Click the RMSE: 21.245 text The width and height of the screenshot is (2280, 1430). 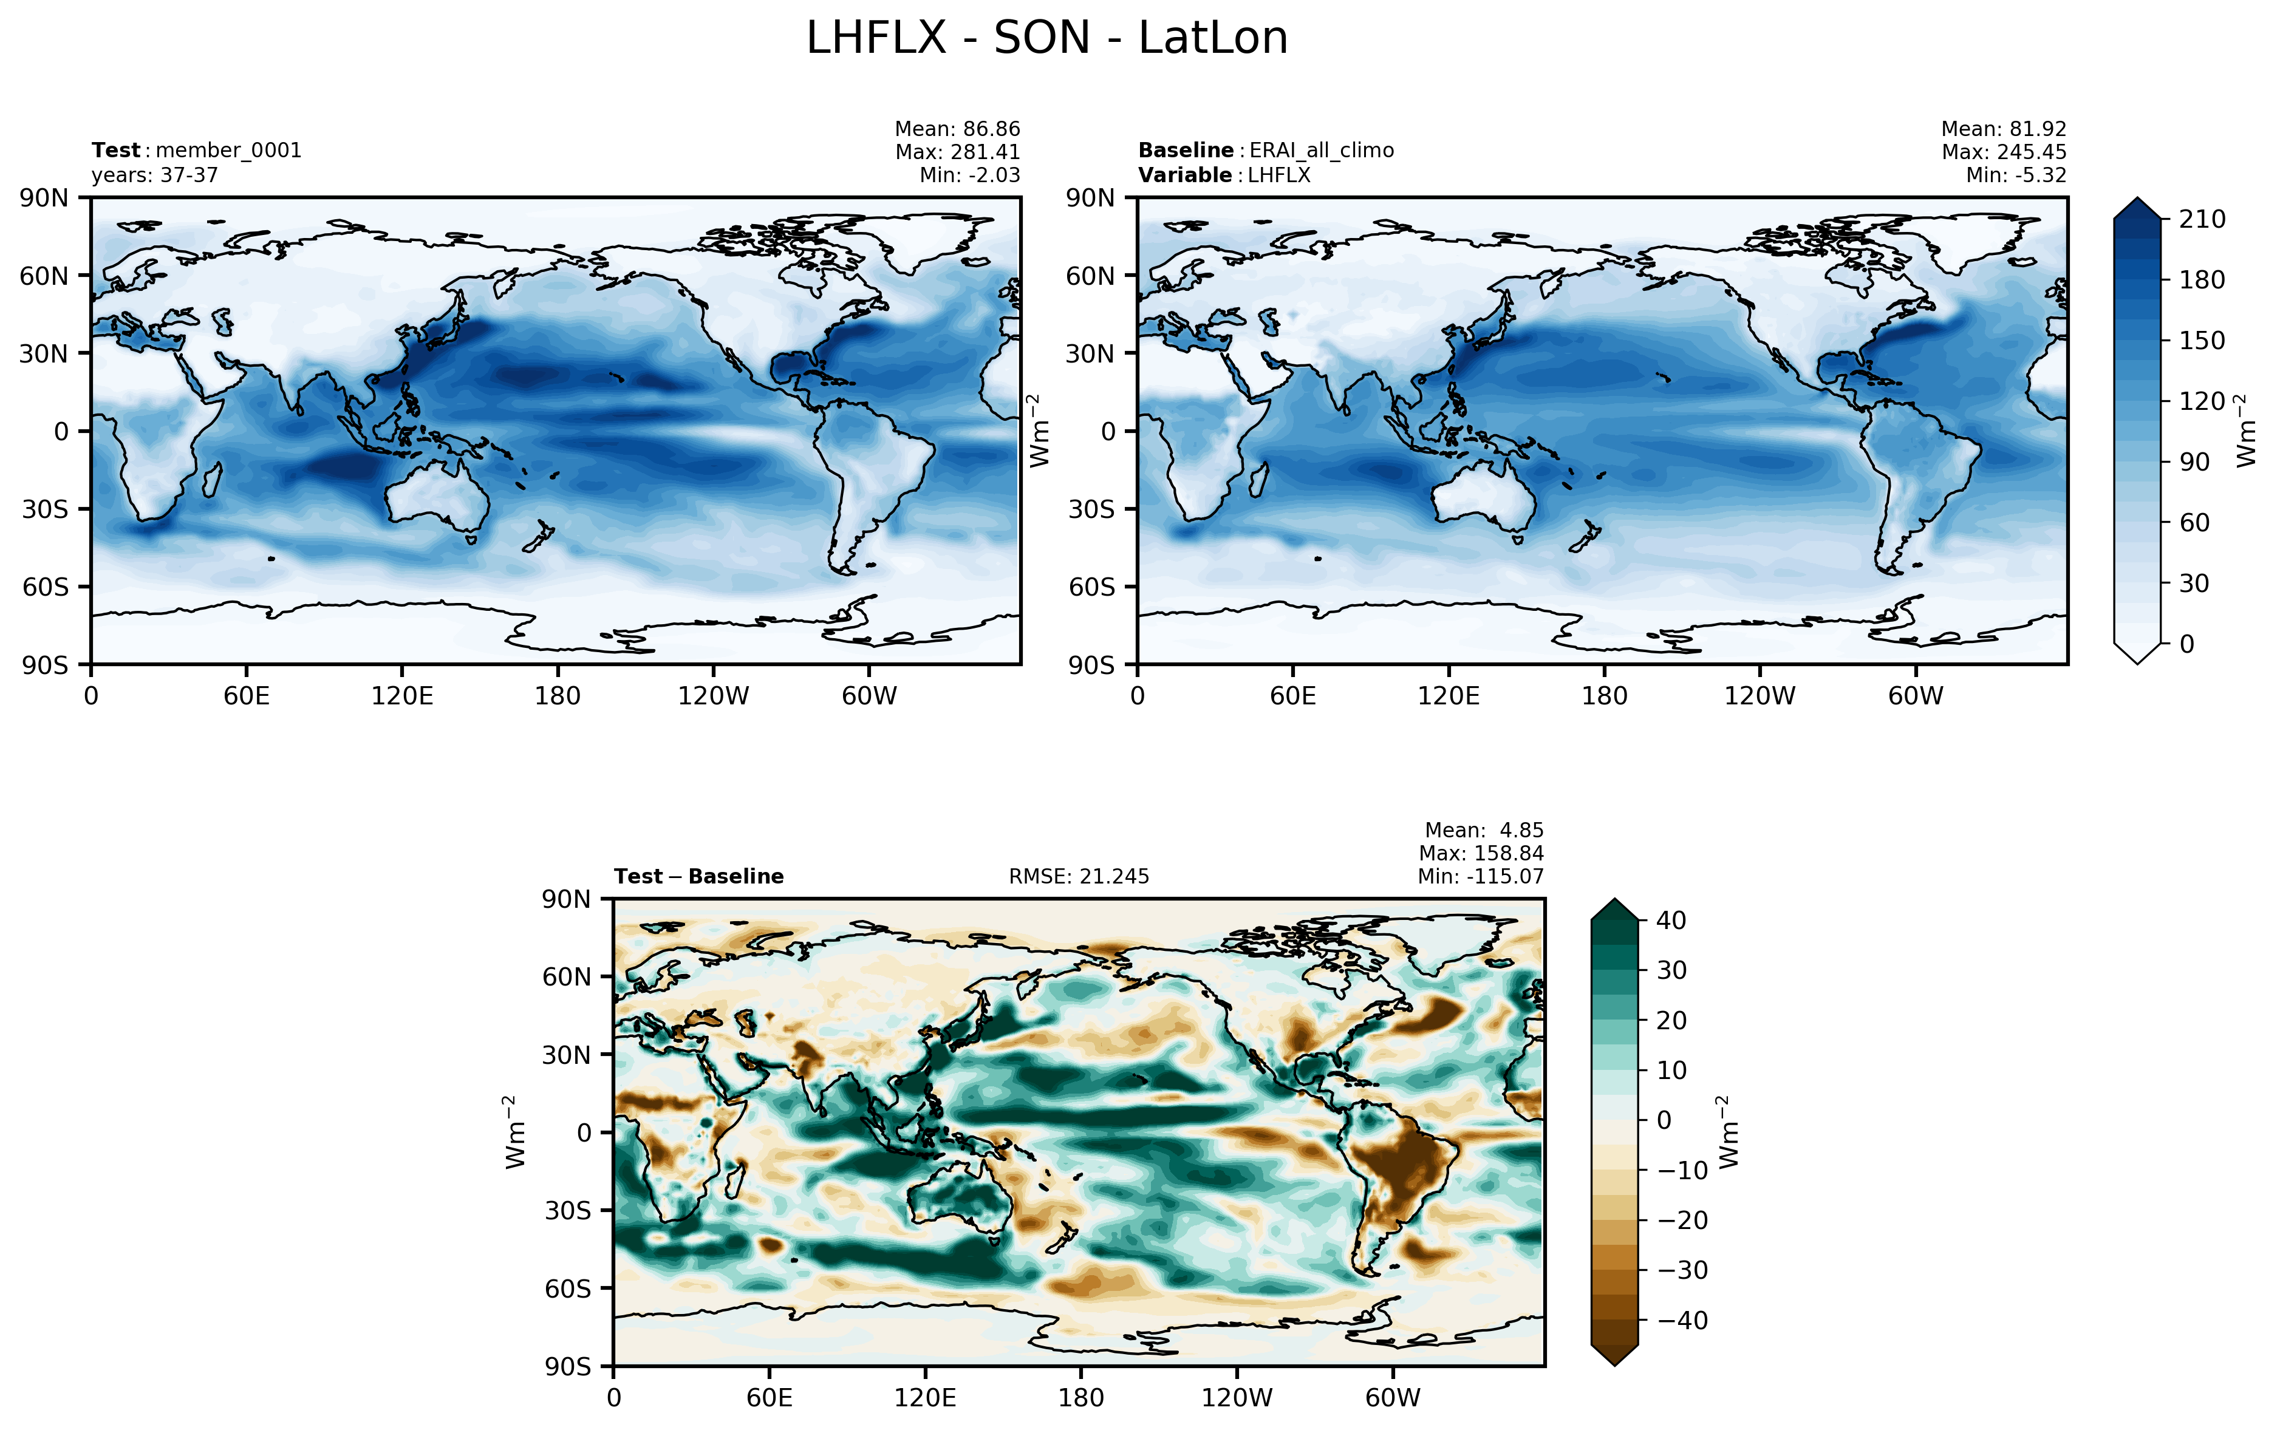[1079, 877]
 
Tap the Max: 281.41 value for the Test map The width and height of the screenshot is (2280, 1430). [958, 151]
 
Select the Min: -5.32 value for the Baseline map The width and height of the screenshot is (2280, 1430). [2016, 175]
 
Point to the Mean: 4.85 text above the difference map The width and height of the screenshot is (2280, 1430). [1484, 831]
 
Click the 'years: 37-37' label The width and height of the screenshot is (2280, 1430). [155, 175]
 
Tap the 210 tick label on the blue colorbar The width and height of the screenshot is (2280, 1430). [2202, 219]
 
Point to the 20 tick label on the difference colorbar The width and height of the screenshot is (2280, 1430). [1671, 1021]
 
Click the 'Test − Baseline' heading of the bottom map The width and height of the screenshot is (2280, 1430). [699, 877]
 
